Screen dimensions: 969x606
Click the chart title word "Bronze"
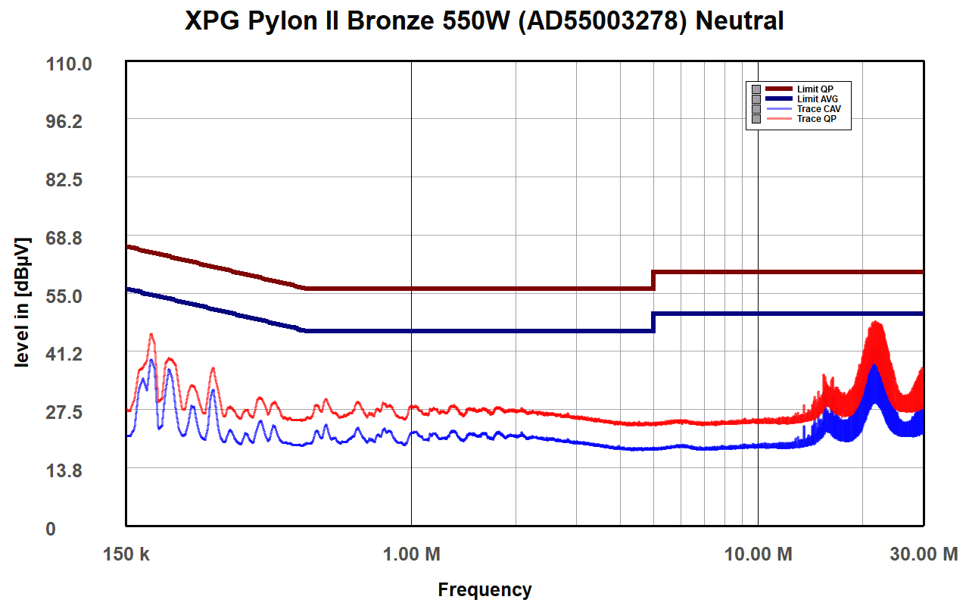(x=390, y=20)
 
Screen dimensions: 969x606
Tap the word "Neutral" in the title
(x=740, y=20)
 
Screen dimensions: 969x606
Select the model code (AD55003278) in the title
(x=602, y=21)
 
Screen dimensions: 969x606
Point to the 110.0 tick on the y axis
(x=69, y=64)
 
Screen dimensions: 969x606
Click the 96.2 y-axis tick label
(x=64, y=122)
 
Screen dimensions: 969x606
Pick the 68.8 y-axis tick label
(x=64, y=238)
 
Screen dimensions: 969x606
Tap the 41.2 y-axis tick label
(x=64, y=354)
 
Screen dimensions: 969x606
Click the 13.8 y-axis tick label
(x=64, y=470)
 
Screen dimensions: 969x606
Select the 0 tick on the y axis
(x=51, y=529)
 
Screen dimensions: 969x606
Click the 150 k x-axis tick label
(x=126, y=554)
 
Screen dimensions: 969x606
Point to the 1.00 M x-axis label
(x=411, y=554)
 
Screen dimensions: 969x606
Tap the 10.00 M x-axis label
(x=758, y=554)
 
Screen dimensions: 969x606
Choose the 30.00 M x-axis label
(x=924, y=554)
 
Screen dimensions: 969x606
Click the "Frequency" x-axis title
(x=484, y=590)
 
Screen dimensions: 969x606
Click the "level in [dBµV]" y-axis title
(x=22, y=302)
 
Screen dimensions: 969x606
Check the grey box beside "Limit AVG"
(x=756, y=99)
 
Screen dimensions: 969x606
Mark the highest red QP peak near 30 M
(x=876, y=322)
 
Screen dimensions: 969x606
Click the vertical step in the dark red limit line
(x=653, y=280)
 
